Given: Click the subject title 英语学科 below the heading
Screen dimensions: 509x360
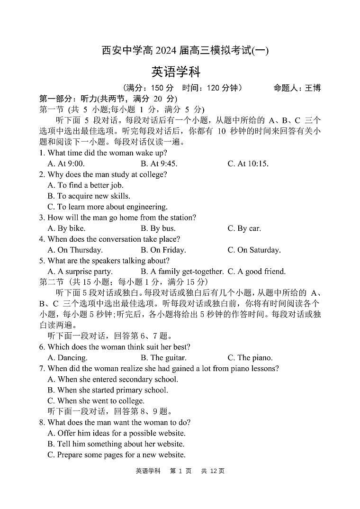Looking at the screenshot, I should [176, 72].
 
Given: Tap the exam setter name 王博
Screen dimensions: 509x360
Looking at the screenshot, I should [313, 88].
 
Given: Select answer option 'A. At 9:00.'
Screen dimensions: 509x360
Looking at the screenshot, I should [66, 164].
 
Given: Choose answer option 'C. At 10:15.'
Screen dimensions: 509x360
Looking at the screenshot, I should [248, 164].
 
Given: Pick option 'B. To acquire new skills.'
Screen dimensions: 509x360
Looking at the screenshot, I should [89, 196].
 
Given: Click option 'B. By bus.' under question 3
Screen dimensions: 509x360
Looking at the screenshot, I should [158, 228].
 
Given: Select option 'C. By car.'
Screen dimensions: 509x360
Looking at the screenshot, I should [244, 228].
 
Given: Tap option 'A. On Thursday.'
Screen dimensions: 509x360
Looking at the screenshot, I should [75, 250].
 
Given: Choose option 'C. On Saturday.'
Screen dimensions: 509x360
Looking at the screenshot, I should [254, 250].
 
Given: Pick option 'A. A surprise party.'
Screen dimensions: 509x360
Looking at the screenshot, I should [80, 272].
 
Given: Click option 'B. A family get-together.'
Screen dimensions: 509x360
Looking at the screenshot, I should [182, 272].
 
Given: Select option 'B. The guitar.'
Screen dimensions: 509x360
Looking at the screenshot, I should [163, 358].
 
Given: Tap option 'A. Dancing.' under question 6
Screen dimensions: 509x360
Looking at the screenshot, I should [67, 358].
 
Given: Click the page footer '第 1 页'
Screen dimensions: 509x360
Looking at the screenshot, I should [180, 471].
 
